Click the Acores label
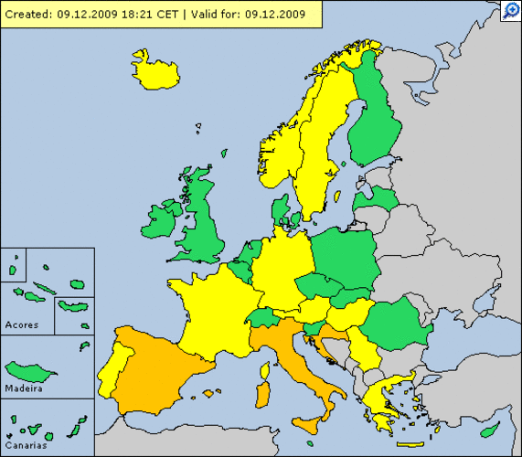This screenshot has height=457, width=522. [x=22, y=324]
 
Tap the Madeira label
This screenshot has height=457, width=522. [x=24, y=388]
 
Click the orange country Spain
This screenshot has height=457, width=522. [x=160, y=366]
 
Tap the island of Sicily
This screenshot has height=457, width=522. [x=313, y=425]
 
